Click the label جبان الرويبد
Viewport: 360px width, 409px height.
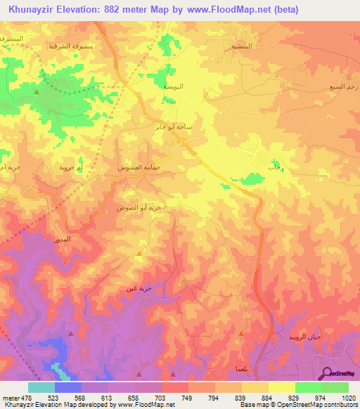click(303, 338)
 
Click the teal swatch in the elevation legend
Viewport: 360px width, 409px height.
click(41, 387)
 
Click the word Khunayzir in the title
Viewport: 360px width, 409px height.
click(36, 10)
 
